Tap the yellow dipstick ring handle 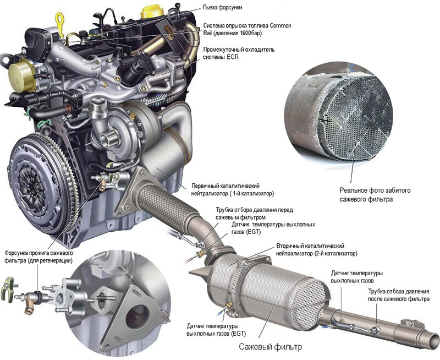(60, 20)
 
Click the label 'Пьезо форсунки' (222, 8)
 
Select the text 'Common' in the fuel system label (280, 26)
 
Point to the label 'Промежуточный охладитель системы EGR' (239, 53)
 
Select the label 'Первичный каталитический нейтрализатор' (233, 189)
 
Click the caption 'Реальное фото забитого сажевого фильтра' (375, 195)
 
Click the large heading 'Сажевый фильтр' (271, 347)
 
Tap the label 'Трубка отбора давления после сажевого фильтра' (398, 295)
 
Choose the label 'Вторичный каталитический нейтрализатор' (317, 250)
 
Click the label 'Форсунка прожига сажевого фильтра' (38, 257)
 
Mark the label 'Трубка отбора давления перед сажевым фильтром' (254, 214)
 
